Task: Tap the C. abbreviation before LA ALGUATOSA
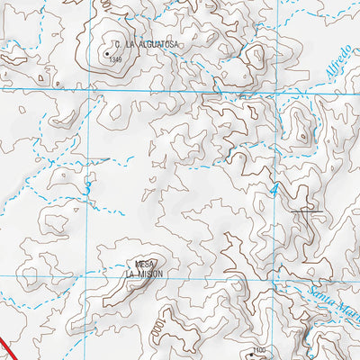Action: pos(116,43)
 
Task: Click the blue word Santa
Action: pos(321,294)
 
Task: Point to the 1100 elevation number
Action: pos(261,350)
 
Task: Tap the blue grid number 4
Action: pos(275,190)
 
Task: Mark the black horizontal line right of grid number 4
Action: pos(307,211)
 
